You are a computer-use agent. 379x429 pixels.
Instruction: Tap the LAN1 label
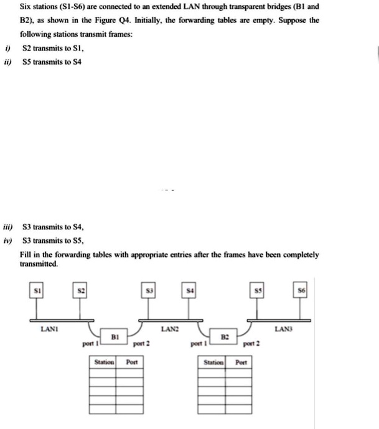tap(47, 326)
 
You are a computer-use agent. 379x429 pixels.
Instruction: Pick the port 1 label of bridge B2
tap(197, 343)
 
